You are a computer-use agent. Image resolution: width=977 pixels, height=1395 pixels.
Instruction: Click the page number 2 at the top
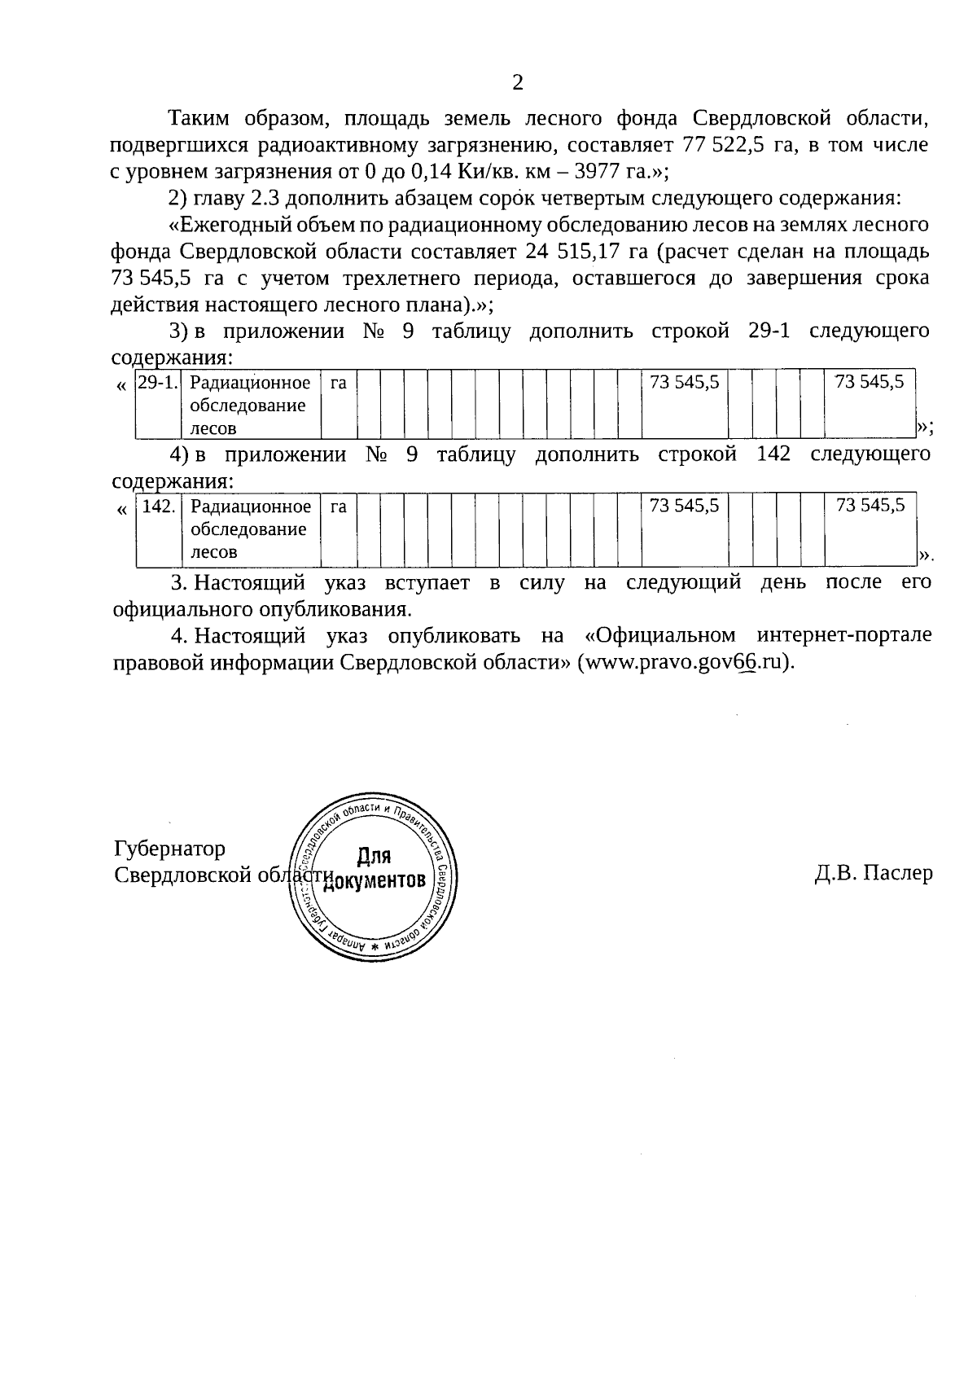click(x=517, y=82)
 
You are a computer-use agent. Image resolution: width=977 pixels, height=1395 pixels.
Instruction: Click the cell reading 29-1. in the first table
click(x=157, y=383)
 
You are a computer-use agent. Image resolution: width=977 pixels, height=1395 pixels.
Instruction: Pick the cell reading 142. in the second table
click(x=158, y=507)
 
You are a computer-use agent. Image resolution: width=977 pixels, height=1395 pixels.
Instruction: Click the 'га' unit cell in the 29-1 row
click(x=339, y=383)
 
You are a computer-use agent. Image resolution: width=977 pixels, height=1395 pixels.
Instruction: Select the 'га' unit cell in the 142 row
click(x=339, y=507)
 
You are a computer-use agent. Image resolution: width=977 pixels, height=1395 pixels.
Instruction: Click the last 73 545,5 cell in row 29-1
click(x=870, y=382)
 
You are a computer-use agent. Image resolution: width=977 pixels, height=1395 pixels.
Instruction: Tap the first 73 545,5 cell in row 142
click(x=685, y=506)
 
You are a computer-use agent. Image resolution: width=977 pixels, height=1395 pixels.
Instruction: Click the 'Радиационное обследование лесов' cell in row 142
click(x=250, y=529)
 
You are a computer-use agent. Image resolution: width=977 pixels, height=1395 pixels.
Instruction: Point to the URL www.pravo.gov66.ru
click(x=684, y=662)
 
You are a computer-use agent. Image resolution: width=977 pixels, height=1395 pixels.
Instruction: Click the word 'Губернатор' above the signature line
click(x=169, y=849)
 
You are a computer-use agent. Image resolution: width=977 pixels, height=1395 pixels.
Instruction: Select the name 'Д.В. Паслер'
click(x=873, y=873)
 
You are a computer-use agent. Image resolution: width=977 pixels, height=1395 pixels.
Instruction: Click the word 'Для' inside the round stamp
click(x=374, y=857)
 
